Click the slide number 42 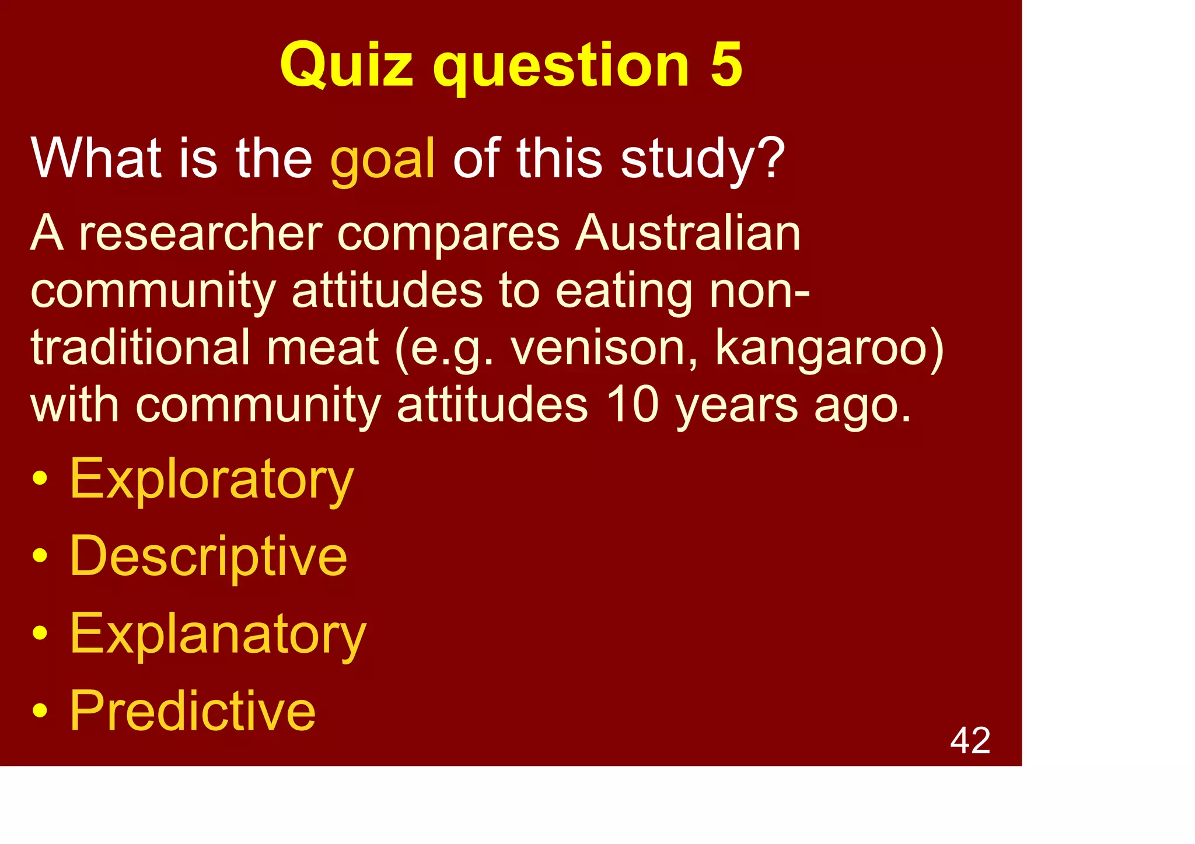click(x=970, y=741)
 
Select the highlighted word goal click(x=383, y=159)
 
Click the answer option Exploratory click(x=211, y=479)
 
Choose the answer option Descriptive click(x=208, y=556)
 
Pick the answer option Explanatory click(x=218, y=634)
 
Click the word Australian click(x=688, y=233)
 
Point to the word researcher click(x=201, y=233)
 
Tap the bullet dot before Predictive click(x=40, y=711)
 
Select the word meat click(x=323, y=348)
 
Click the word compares click(x=449, y=234)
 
